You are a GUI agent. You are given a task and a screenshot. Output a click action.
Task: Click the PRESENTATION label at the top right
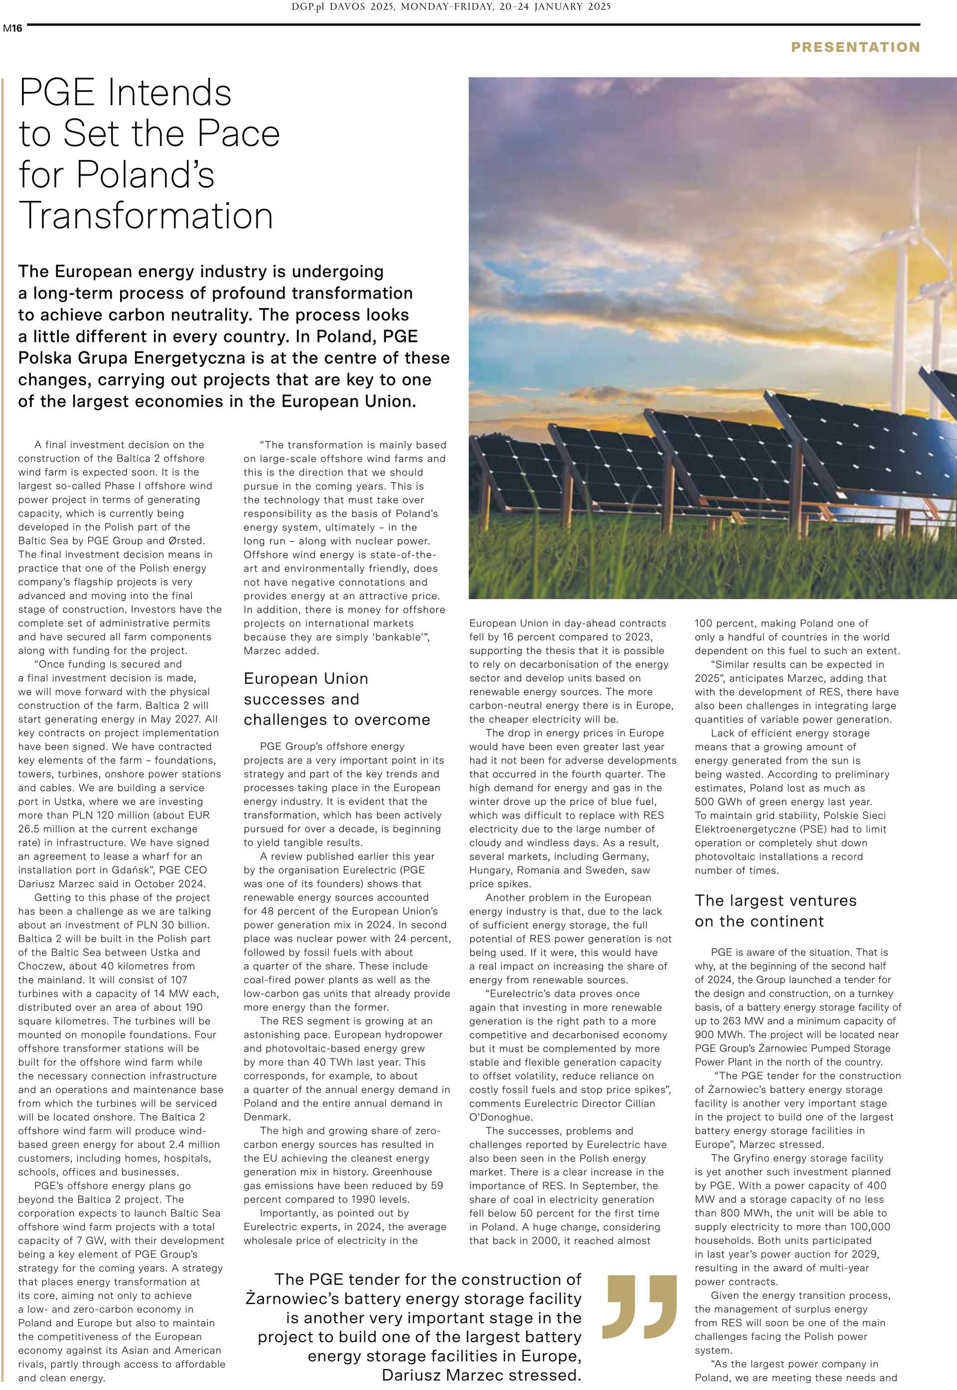coord(855,47)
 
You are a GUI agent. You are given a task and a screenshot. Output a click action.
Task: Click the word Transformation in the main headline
coord(147,216)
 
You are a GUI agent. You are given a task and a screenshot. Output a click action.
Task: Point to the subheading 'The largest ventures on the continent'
coord(775,911)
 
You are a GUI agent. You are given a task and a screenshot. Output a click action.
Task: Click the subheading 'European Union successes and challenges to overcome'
coord(336,699)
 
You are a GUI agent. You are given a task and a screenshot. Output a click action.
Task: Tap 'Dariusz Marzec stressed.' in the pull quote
coord(481,1375)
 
